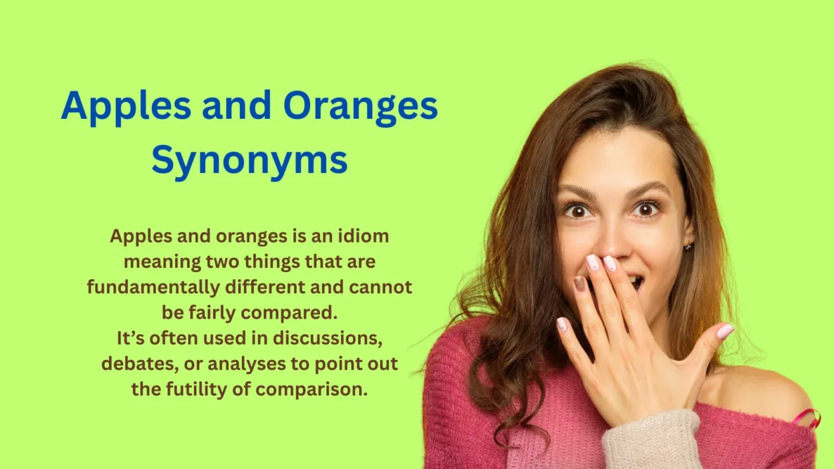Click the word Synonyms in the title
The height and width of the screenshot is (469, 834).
coord(249,160)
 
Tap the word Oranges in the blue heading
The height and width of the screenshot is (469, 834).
coord(360,106)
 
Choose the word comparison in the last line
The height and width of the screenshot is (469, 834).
coord(306,389)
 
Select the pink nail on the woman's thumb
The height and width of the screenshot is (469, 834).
coord(725,331)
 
